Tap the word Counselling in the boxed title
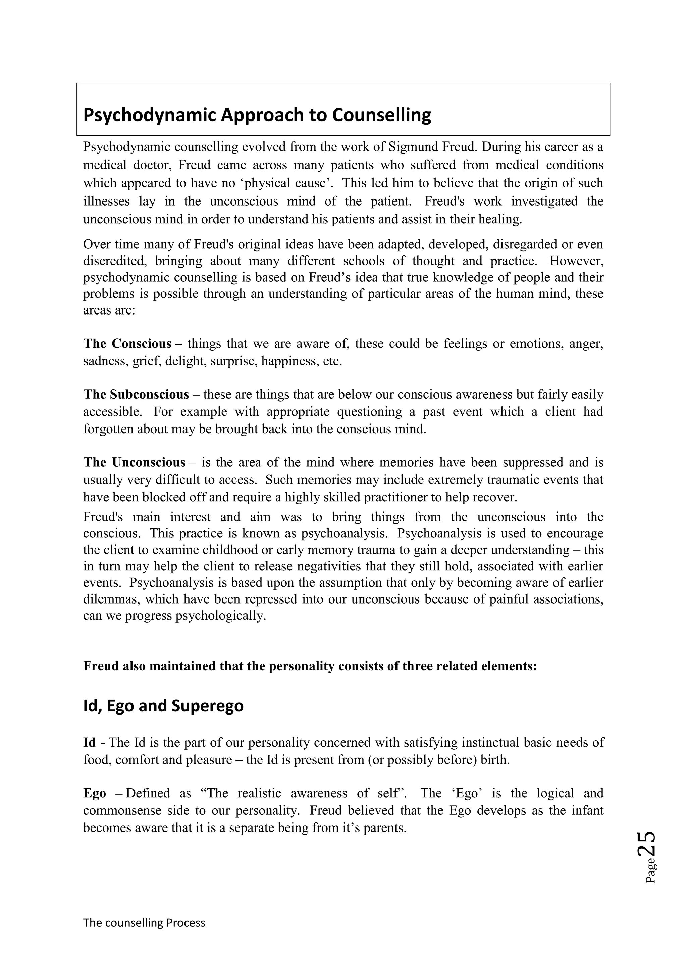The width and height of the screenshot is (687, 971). pos(381,115)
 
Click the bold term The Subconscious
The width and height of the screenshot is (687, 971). pos(136,394)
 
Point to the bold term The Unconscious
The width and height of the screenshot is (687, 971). pos(134,462)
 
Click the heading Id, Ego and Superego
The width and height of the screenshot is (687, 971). pos(163,706)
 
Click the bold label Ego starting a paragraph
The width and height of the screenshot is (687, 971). pos(94,793)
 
